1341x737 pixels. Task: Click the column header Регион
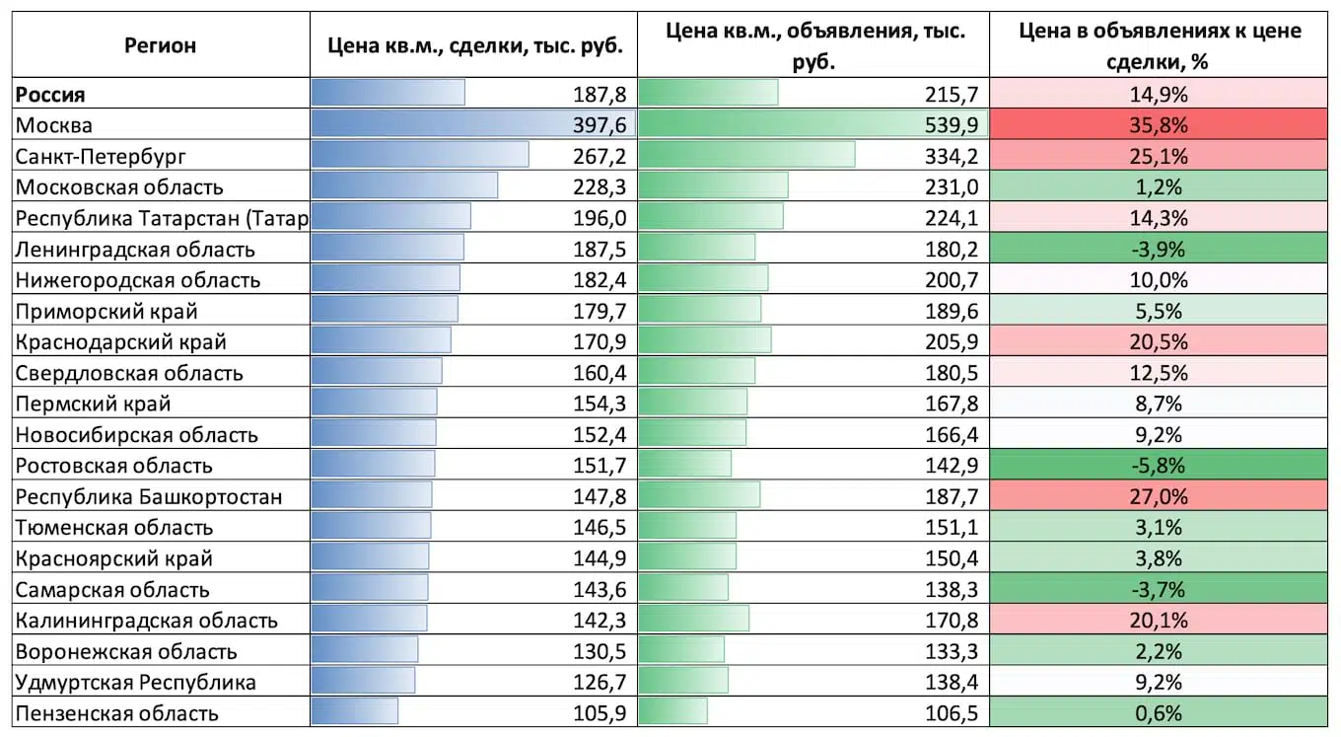pos(160,45)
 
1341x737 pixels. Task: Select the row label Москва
pos(54,125)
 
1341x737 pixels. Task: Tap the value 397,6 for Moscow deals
pos(600,125)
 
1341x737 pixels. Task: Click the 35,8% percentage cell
pos(1159,125)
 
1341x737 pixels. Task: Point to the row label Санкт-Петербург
pos(101,157)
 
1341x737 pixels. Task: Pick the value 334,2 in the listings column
pos(952,157)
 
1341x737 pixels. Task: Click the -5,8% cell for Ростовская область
pos(1159,466)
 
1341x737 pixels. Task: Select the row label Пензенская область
pos(116,713)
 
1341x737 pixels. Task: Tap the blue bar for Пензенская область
pos(354,711)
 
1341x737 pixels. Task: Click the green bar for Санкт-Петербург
pos(746,155)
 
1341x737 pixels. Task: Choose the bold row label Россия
pos(50,95)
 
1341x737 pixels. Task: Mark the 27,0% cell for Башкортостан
pos(1159,496)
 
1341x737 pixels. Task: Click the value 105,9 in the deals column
pos(600,713)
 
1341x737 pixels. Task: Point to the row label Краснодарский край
pos(121,342)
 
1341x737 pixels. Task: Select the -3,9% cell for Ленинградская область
pos(1159,250)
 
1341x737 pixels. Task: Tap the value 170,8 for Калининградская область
pos(952,621)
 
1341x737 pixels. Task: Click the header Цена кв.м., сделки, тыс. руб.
pos(475,45)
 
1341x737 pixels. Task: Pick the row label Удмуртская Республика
pos(136,683)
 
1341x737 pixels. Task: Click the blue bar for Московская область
pos(404,185)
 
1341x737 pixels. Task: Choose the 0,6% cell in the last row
pos(1159,713)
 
